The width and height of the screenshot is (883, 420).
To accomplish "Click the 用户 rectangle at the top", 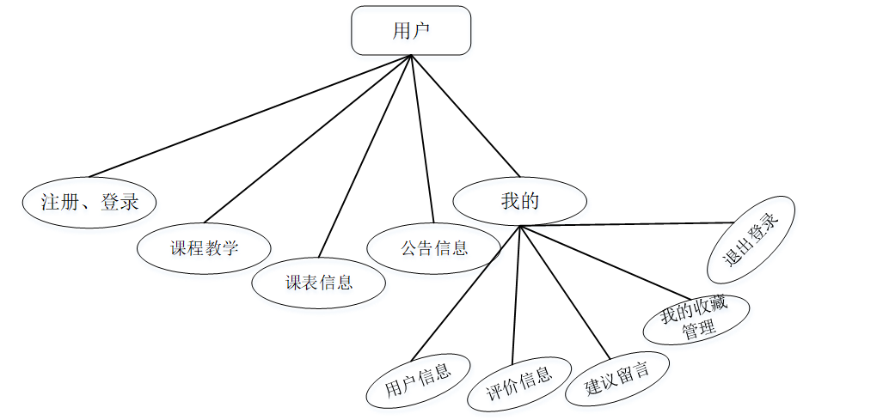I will tap(411, 31).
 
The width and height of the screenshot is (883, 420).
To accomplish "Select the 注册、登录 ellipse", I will tap(90, 203).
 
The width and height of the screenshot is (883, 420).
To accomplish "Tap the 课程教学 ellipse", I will tap(204, 249).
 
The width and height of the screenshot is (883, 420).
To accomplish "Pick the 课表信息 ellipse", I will tap(319, 282).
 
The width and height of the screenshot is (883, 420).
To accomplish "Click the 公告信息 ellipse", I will tap(433, 249).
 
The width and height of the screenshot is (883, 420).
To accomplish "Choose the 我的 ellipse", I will tap(520, 202).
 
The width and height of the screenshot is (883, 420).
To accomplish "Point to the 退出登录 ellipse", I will tap(751, 240).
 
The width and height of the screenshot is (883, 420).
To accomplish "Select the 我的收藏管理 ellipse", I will tap(696, 320).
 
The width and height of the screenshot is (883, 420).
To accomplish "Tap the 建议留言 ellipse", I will tap(617, 379).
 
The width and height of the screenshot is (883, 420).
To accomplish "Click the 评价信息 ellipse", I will tap(519, 383).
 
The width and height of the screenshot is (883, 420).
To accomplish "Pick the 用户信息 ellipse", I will tap(419, 380).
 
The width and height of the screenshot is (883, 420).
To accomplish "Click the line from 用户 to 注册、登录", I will tap(249, 116).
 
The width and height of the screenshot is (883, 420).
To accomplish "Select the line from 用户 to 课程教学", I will tap(305, 140).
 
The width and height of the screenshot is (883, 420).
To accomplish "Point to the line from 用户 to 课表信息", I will tap(365, 156).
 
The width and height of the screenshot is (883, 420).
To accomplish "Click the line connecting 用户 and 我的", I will tap(464, 114).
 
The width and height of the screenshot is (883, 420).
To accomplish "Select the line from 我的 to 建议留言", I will tap(564, 291).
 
